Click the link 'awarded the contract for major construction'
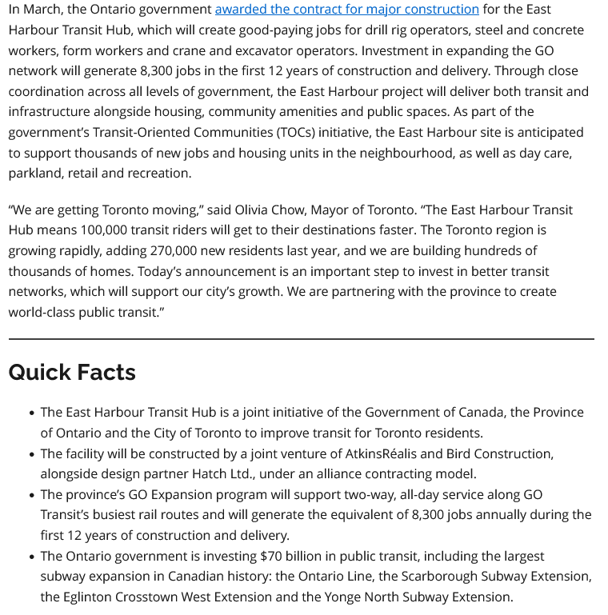click(x=346, y=10)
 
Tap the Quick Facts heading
click(x=72, y=372)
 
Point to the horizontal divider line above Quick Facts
click(x=301, y=339)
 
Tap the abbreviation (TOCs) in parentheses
click(x=297, y=132)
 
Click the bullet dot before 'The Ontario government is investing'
click(x=31, y=557)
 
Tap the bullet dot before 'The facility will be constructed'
click(x=31, y=454)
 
